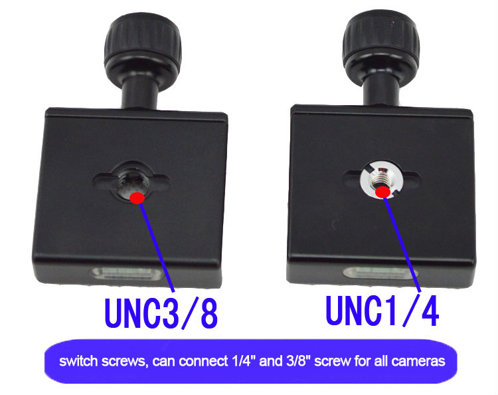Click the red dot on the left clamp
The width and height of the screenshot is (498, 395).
pyautogui.click(x=137, y=197)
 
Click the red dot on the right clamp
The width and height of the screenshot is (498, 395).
pyautogui.click(x=382, y=192)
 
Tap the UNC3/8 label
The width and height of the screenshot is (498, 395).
pyautogui.click(x=161, y=313)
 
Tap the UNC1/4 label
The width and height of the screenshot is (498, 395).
pyautogui.click(x=382, y=311)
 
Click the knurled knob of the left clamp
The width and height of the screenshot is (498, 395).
pyautogui.click(x=143, y=45)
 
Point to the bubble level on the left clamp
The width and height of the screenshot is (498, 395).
pyautogui.click(x=127, y=274)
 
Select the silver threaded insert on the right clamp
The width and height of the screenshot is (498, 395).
pyautogui.click(x=382, y=179)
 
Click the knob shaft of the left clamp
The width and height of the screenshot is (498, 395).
pyautogui.click(x=139, y=92)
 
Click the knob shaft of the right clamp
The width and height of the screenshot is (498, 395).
pyautogui.click(x=381, y=90)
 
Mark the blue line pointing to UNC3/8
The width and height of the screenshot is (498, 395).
pyautogui.click(x=157, y=247)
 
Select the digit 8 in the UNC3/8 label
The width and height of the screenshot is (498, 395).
pyautogui.click(x=209, y=314)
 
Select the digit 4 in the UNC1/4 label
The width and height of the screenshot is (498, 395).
pyautogui.click(x=430, y=311)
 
